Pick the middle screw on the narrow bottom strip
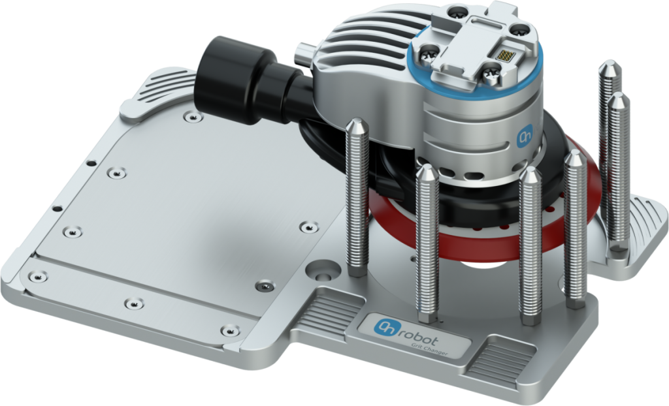(134, 304)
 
